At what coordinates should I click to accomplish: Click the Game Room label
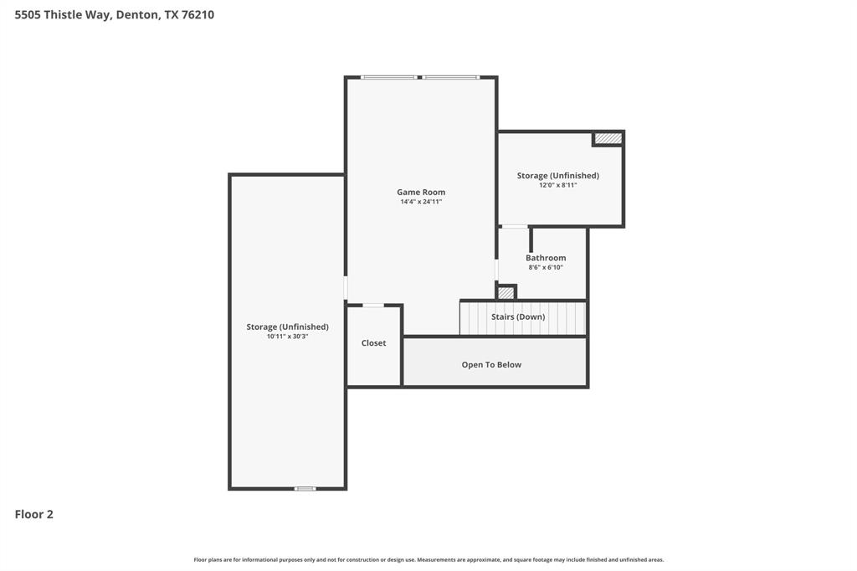coord(421,192)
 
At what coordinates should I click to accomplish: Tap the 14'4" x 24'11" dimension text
coord(421,202)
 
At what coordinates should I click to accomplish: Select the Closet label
coord(373,343)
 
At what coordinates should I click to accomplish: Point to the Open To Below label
coord(491,364)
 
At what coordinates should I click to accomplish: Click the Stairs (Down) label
coord(518,316)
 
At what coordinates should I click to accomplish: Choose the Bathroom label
coord(546,258)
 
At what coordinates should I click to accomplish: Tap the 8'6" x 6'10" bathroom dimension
coord(546,268)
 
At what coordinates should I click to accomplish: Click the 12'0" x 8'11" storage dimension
coord(557,185)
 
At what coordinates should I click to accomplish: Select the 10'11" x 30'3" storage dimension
coord(287,337)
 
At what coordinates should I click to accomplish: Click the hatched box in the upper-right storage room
coord(608,138)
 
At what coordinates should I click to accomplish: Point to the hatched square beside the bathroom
coord(505,293)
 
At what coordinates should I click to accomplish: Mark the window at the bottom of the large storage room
coord(305,488)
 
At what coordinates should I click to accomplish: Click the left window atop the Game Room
coord(389,77)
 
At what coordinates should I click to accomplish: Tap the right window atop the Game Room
coord(450,77)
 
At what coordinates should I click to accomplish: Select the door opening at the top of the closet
coord(372,305)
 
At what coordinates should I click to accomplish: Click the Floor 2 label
coord(34,514)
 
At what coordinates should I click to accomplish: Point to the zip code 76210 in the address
coord(198,14)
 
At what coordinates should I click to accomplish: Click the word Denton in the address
coord(137,14)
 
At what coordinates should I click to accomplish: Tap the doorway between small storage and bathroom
coord(515,226)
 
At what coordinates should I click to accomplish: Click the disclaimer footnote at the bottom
coord(428,559)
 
